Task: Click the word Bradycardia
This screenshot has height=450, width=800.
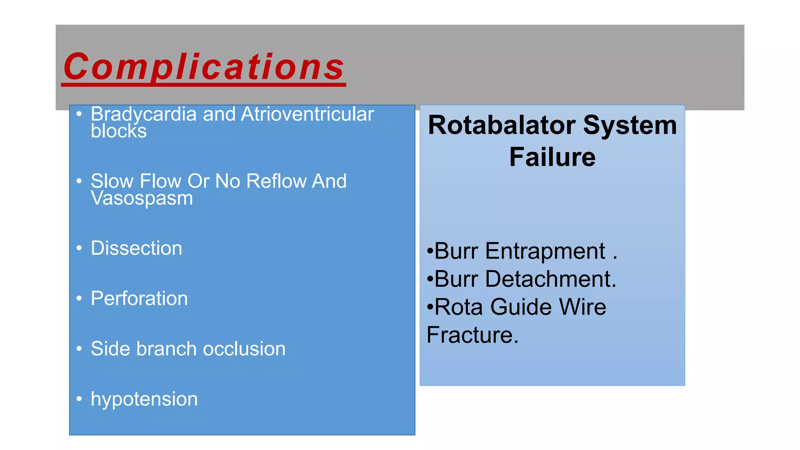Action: coord(143,114)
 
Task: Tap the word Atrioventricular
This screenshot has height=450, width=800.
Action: coord(307,114)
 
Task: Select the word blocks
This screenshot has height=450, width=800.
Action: coord(119,131)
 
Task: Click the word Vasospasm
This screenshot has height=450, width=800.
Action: coord(142,198)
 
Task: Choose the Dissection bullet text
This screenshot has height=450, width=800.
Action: coord(136,248)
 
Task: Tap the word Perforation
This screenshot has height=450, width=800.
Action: coord(139,299)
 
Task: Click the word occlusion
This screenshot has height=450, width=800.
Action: coord(244,349)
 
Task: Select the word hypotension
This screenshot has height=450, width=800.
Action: coord(144,399)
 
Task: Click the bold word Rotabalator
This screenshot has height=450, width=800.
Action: coord(502,125)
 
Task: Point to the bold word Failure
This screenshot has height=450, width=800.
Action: coord(552,157)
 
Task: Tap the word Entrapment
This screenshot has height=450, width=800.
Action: coord(545,251)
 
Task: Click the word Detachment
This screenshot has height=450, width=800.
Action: coord(550,279)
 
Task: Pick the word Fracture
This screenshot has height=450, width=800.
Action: coord(472,335)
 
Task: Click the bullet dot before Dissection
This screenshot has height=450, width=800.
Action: coord(79,248)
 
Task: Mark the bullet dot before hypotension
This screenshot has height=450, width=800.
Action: coord(79,399)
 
